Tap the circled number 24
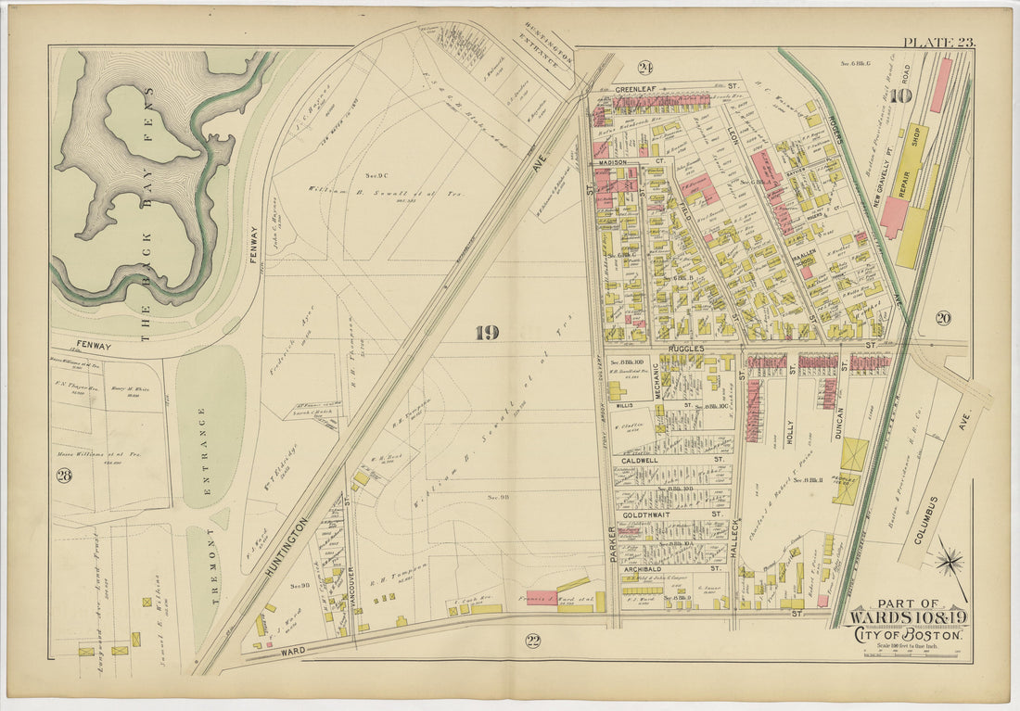(644, 67)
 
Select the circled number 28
(64, 476)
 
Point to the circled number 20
(943, 318)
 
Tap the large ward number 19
(488, 333)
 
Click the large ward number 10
(903, 95)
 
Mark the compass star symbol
(950, 562)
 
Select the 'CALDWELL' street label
(641, 460)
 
